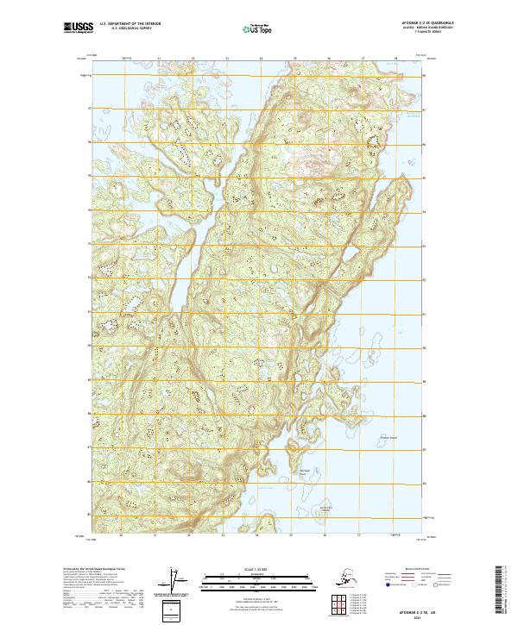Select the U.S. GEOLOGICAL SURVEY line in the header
126,30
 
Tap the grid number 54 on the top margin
260,59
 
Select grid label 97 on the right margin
425,109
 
